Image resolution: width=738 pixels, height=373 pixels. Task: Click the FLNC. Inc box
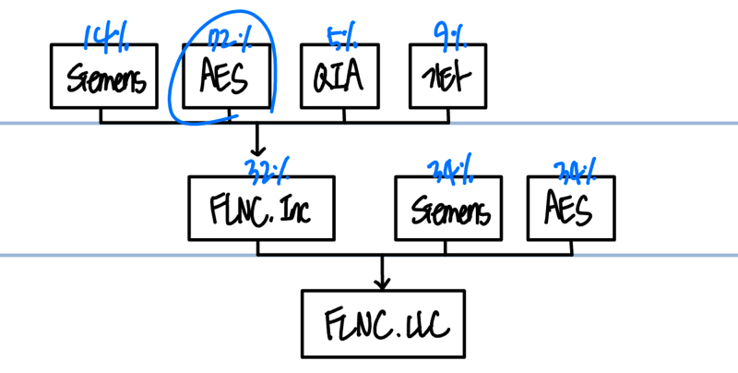click(258, 209)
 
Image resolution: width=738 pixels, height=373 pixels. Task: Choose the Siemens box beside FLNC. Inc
click(449, 209)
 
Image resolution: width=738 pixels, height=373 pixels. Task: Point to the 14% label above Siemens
click(103, 37)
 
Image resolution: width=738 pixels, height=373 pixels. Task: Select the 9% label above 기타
click(450, 37)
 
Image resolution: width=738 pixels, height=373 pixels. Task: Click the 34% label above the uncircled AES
click(574, 170)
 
